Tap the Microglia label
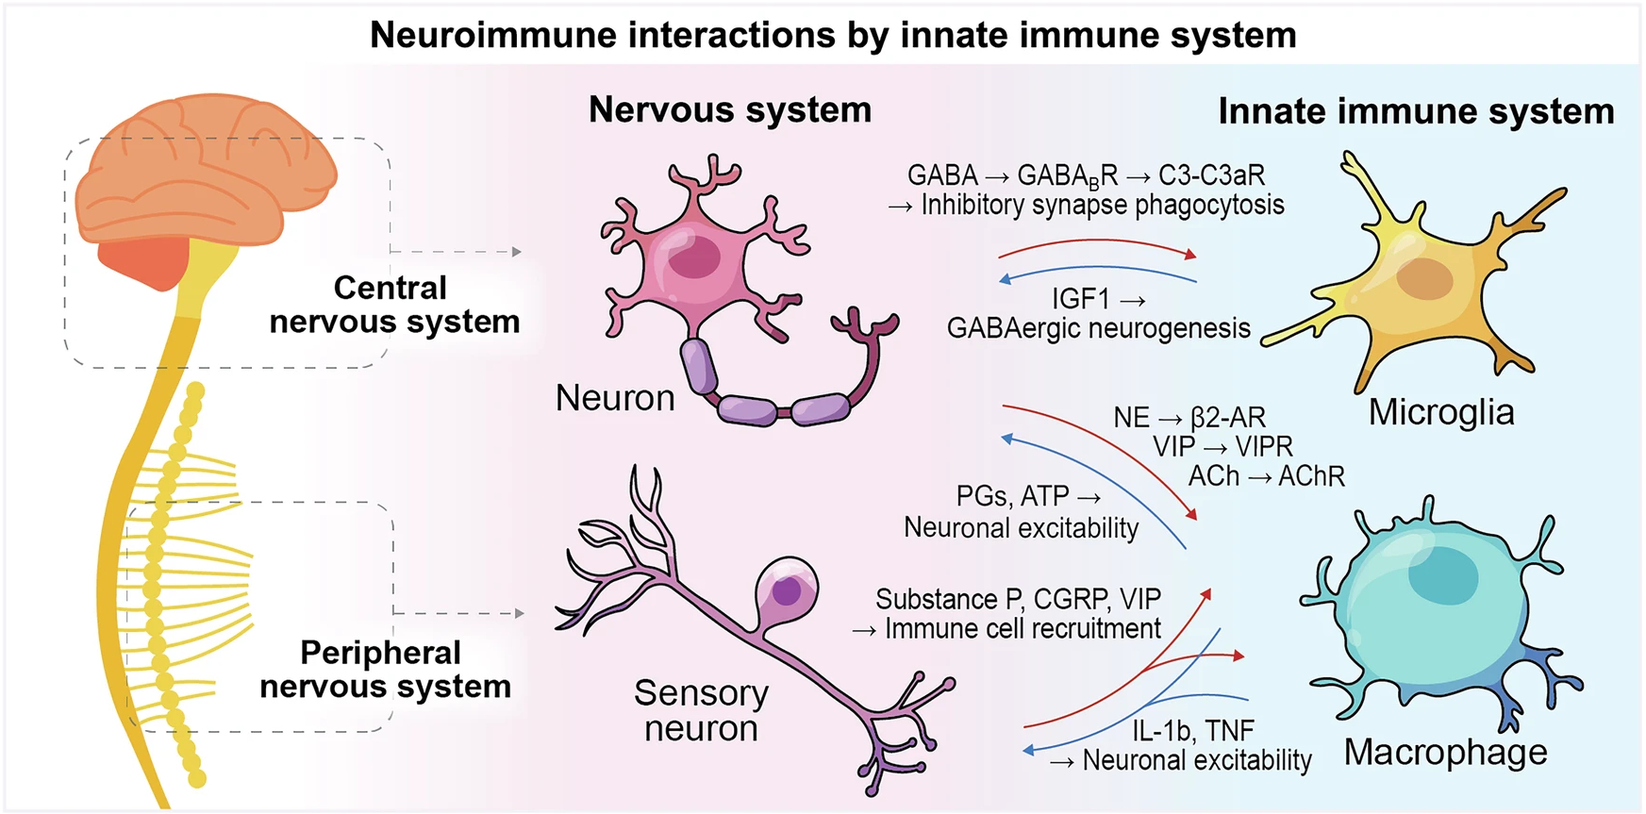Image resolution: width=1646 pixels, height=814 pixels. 1440,412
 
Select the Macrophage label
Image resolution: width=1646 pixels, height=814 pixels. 1445,752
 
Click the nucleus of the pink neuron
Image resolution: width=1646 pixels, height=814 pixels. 695,257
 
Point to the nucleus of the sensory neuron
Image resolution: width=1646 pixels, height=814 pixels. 787,591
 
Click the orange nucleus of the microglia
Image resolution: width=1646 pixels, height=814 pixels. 1424,278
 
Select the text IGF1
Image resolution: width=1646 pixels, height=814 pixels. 1081,299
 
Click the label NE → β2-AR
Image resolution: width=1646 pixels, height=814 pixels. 1189,417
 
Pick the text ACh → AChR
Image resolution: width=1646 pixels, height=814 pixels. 1266,476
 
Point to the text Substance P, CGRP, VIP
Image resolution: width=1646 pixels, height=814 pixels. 1018,599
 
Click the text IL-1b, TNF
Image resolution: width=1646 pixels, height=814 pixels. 1193,730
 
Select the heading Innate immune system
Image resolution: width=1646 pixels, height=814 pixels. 1416,111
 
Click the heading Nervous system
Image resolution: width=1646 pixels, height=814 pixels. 729,109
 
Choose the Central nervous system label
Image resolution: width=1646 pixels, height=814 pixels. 393,305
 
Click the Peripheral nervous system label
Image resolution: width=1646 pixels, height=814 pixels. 384,669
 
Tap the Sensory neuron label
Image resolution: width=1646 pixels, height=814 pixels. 701,710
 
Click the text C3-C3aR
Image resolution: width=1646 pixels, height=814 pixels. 1211,175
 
